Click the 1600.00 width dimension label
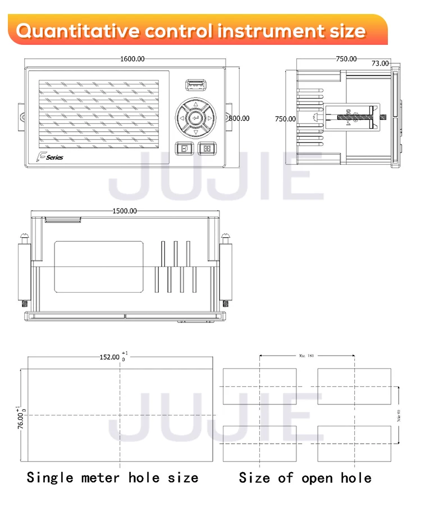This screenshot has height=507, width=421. pos(132,59)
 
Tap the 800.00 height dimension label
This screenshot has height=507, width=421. pos(240,118)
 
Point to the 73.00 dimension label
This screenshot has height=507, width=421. pos(380,63)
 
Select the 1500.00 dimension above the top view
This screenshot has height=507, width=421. pos(125,211)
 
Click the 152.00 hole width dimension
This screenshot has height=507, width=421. pos(110,357)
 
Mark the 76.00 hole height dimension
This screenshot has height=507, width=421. pos(21,418)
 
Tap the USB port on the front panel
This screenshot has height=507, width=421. pos(195,85)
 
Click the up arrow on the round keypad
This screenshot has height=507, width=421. pos(195,104)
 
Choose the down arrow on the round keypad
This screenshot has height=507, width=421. pos(195,132)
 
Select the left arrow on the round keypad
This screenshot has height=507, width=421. pos(181,118)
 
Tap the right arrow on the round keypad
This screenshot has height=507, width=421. pos(209,118)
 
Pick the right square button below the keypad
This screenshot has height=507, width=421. pos(206,149)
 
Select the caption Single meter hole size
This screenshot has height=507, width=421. pos(113,478)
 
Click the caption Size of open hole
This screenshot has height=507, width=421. pos(305,478)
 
